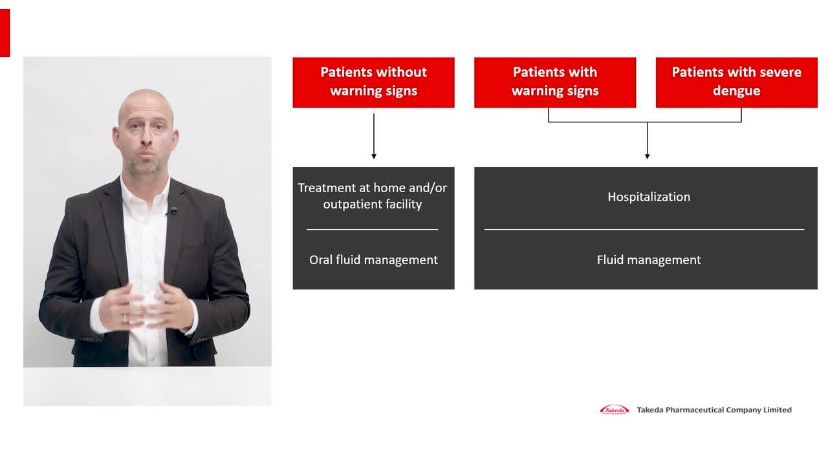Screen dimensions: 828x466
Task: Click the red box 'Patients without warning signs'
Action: point(373,82)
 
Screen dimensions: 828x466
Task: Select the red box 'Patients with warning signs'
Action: point(555,82)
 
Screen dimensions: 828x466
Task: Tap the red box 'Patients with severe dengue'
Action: point(736,82)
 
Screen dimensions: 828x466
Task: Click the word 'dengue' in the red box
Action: point(736,91)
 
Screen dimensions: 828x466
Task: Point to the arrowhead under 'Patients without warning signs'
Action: point(374,157)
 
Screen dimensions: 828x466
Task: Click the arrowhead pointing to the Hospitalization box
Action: point(647,157)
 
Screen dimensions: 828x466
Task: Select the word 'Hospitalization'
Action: point(649,197)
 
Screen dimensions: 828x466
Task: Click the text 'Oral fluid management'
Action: point(373,260)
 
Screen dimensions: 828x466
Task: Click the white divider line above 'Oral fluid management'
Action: point(372,230)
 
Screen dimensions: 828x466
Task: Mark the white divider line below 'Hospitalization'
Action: point(644,230)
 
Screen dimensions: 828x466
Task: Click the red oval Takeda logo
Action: point(614,410)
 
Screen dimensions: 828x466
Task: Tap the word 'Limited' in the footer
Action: point(778,410)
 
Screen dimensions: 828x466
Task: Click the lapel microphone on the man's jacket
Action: point(172,212)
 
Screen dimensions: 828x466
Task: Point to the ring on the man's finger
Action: point(125,318)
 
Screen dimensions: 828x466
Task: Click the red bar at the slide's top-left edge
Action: point(5,33)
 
